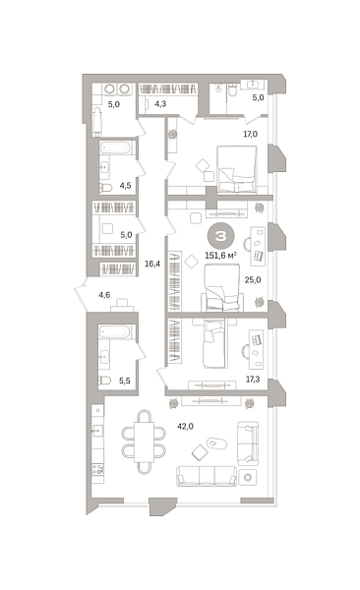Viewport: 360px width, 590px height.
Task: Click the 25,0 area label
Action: [252, 279]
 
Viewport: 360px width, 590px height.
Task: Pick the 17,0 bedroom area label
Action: [250, 134]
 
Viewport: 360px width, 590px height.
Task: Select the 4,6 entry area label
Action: [104, 293]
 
